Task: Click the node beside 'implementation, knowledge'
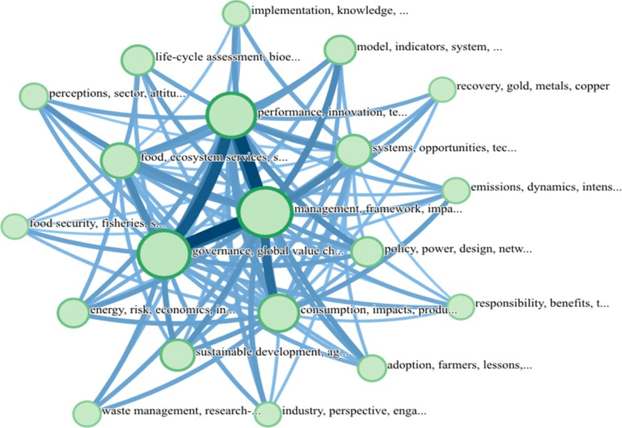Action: [x=236, y=13]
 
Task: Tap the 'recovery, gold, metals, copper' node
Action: [x=442, y=90]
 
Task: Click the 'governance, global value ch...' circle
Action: [x=163, y=254]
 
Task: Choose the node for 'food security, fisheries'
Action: [x=15, y=226]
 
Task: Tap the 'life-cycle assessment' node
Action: [x=138, y=60]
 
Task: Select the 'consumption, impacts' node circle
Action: [x=278, y=313]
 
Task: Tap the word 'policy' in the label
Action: [x=397, y=250]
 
